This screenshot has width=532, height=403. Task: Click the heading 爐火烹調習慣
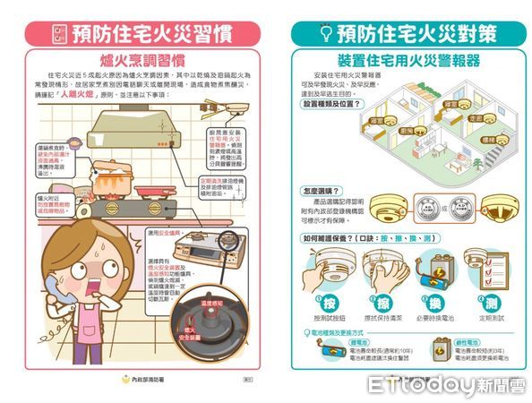click(x=142, y=60)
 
